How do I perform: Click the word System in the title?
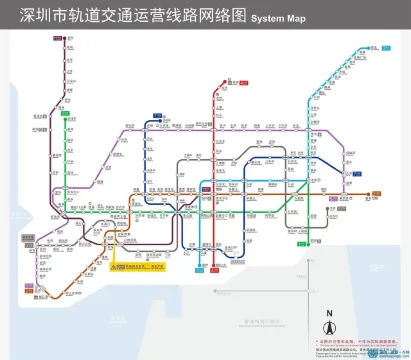265,19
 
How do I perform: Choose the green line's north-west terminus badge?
63,115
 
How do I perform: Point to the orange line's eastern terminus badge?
371,194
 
